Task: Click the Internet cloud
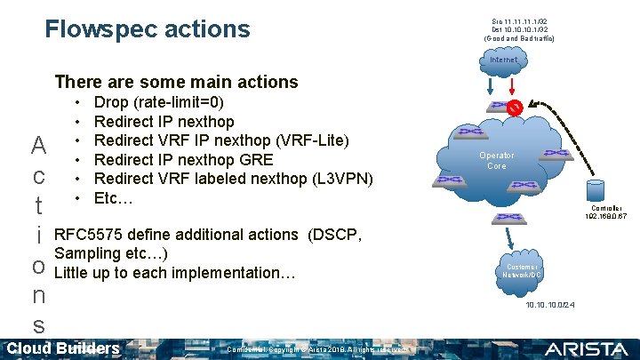(503, 60)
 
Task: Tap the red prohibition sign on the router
(514, 108)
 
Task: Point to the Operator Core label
(496, 160)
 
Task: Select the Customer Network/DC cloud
(522, 270)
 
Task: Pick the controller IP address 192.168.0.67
(605, 216)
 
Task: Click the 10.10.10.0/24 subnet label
(550, 305)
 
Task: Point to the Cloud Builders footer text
(63, 348)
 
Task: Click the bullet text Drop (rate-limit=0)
(159, 102)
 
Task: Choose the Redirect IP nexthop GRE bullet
(183, 159)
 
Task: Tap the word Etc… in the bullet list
(113, 196)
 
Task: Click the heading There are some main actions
(176, 82)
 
